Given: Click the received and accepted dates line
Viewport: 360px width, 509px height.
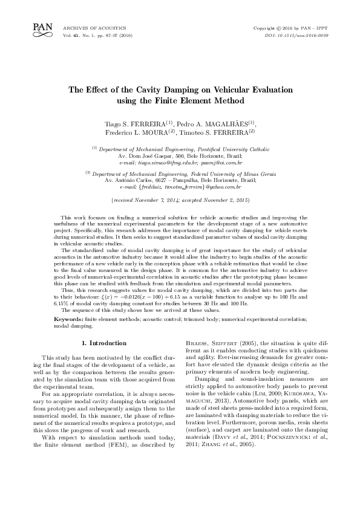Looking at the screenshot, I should [x=180, y=199].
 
